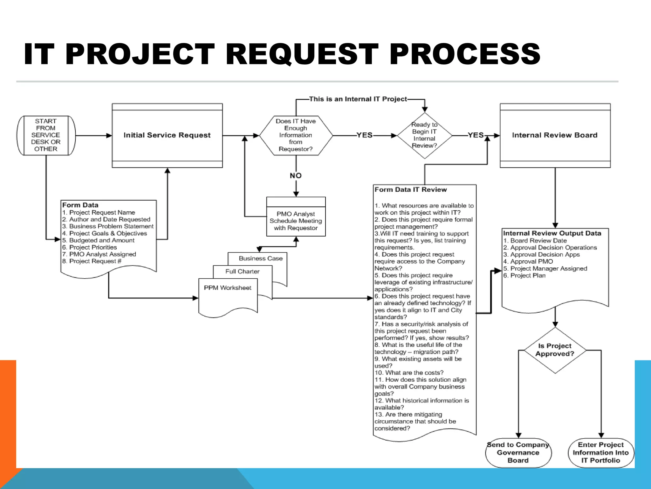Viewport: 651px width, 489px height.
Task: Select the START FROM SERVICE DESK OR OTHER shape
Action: coord(46,135)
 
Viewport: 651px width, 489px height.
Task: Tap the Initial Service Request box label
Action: coord(167,135)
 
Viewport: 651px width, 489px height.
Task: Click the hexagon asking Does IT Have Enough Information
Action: coord(296,135)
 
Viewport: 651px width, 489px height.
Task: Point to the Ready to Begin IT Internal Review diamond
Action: coord(424,135)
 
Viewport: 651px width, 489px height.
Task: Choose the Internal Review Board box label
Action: coord(555,135)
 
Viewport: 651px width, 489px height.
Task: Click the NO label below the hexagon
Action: coord(296,175)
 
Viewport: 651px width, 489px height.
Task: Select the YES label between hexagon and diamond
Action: coord(364,135)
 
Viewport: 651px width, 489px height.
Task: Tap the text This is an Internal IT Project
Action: coord(358,99)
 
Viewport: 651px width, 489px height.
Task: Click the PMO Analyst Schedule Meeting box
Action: coord(296,221)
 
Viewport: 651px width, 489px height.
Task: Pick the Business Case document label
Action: coord(261,259)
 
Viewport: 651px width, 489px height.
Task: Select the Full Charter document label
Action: coord(242,272)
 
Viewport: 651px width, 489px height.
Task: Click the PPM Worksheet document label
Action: coord(228,288)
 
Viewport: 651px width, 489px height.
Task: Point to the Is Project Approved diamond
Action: coord(555,350)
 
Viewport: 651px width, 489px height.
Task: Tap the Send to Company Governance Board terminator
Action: coord(518,452)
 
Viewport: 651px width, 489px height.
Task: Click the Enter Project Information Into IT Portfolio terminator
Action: coord(601,452)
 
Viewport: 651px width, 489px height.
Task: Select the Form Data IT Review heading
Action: coord(411,190)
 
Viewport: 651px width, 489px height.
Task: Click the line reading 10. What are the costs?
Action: coord(409,373)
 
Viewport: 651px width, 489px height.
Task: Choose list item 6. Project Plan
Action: coord(524,276)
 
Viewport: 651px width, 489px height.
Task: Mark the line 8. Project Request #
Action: coord(92,261)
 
